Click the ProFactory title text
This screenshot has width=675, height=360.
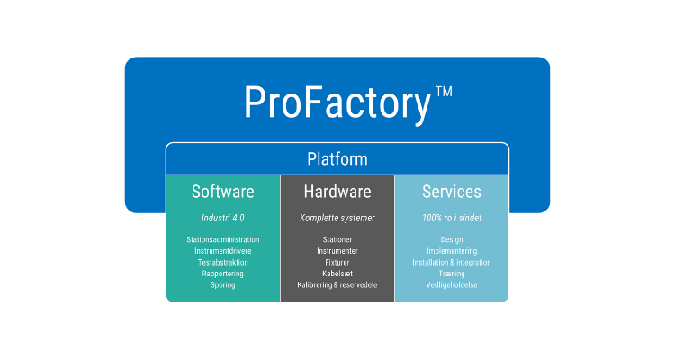pos(337,103)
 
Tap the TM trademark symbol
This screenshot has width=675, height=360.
pos(444,92)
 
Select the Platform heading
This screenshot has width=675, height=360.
pos(337,159)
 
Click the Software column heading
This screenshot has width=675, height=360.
pos(223,192)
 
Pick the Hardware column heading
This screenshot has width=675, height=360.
pos(337,192)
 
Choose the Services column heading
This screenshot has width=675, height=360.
pos(452,192)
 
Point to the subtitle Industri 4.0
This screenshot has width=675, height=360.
pos(223,218)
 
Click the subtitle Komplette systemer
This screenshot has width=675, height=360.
pos(337,218)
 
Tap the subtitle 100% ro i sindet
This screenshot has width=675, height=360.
pos(452,218)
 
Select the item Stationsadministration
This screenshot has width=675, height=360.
pos(223,240)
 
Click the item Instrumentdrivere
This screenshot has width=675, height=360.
pos(223,251)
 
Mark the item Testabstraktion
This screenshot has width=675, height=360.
pos(223,263)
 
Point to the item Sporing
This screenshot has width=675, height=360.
pos(223,285)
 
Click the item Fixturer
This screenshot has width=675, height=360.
pos(337,263)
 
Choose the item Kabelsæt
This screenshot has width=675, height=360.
pos(337,274)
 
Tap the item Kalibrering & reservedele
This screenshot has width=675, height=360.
pos(337,285)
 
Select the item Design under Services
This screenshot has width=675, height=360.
pos(452,240)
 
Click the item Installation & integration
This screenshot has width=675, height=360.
pos(452,263)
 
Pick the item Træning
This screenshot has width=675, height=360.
pos(452,274)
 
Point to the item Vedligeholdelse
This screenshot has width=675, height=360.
pos(452,285)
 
